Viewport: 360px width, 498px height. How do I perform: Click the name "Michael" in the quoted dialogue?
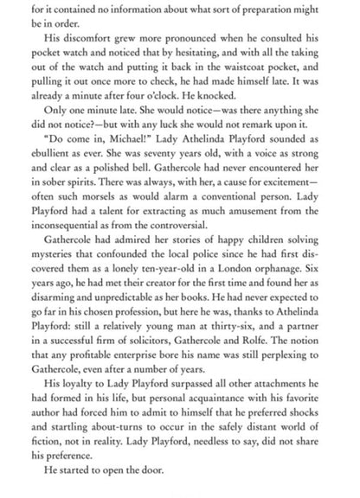point(119,144)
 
